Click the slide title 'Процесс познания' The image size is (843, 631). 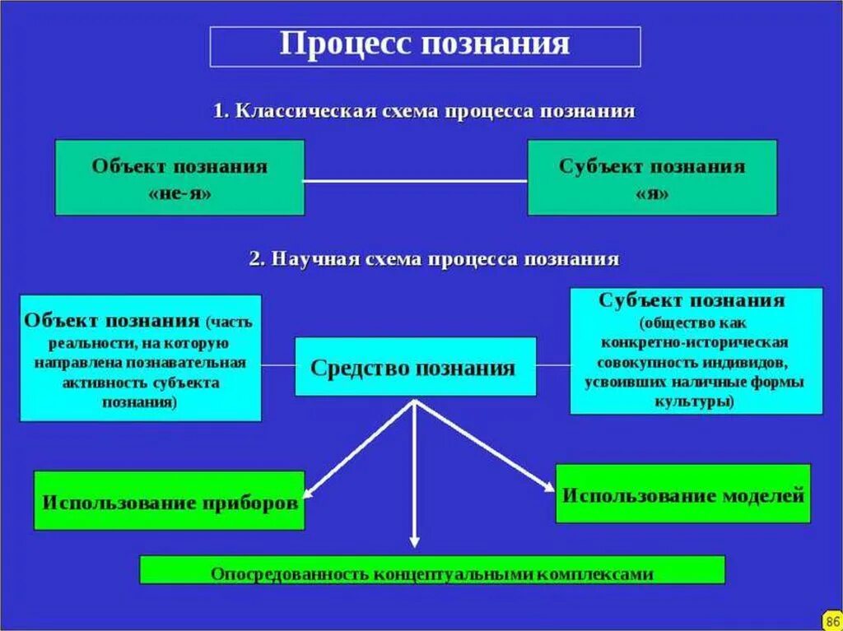(x=425, y=44)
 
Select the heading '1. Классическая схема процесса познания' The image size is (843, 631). (x=424, y=111)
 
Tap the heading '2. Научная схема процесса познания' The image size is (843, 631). (x=434, y=259)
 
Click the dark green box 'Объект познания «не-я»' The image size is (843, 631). (x=179, y=178)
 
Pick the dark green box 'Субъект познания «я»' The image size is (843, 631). (x=651, y=178)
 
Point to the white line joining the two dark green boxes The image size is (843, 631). (x=416, y=180)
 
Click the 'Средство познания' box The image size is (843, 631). (x=414, y=367)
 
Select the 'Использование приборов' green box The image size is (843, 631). (x=170, y=501)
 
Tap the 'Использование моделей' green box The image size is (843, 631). (x=682, y=494)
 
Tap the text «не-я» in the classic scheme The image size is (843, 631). (x=179, y=194)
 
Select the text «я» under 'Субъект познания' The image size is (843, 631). (x=652, y=194)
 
